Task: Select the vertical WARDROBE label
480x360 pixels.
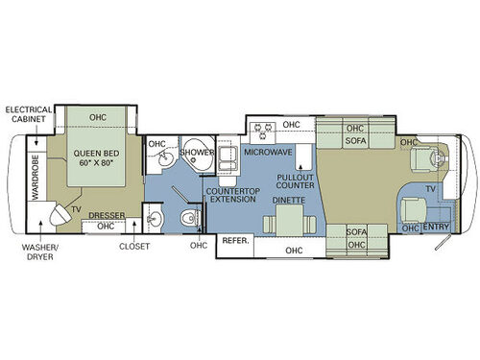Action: click(x=34, y=180)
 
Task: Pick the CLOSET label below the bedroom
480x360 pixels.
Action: click(x=134, y=246)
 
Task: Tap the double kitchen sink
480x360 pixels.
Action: click(x=228, y=165)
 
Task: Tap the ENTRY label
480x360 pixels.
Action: click(x=436, y=227)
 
